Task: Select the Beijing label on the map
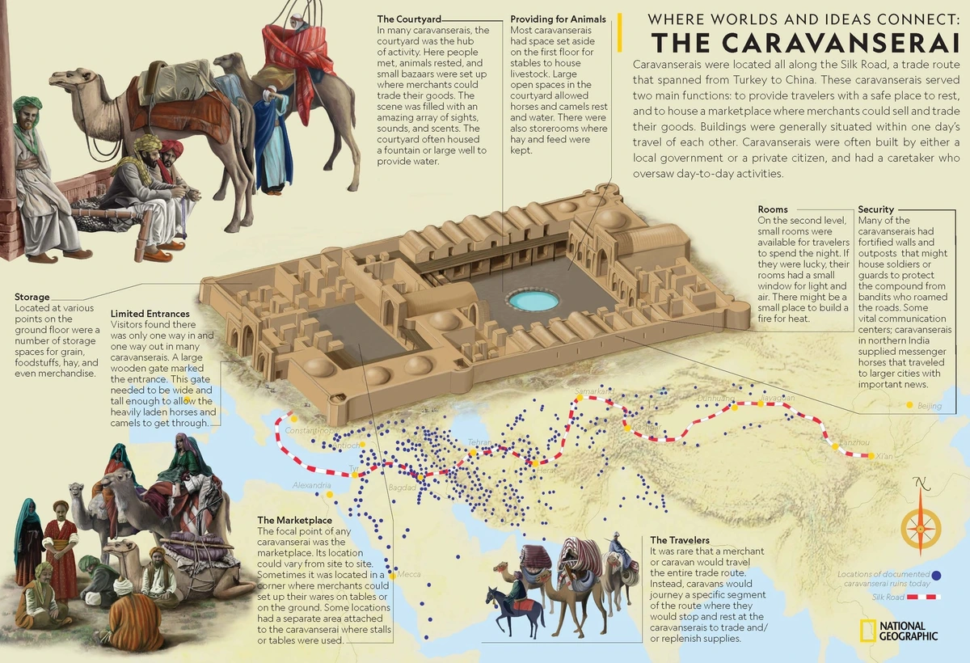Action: tap(930, 406)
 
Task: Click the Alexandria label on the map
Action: tap(311, 486)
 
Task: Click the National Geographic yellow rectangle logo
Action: tap(867, 630)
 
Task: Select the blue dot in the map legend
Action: tap(937, 576)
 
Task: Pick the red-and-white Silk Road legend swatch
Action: tap(923, 597)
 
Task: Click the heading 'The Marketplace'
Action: tap(294, 520)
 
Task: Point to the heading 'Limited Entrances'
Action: tap(150, 314)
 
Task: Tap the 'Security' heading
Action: tap(875, 209)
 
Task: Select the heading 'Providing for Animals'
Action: tap(557, 19)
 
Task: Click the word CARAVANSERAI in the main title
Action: tap(806, 42)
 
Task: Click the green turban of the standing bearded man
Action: tap(28, 106)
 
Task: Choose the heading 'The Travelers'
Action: tap(680, 539)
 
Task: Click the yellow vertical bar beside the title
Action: tap(619, 32)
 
